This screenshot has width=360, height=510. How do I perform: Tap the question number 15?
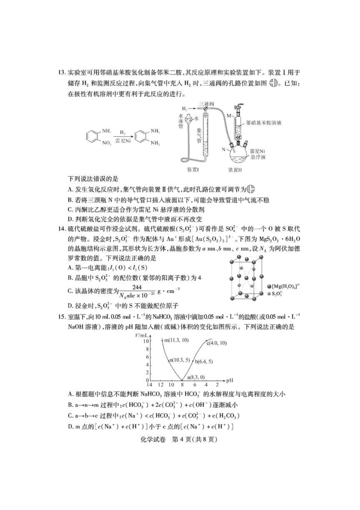[x=62, y=317]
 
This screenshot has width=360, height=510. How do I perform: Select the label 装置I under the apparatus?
[x=195, y=170]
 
